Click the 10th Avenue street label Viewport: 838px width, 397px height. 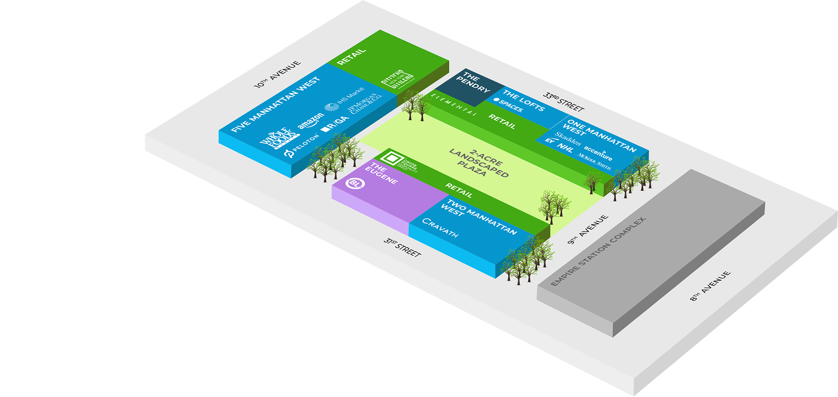(277, 74)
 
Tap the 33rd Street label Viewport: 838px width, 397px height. (563, 102)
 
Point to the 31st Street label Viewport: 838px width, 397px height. (402, 247)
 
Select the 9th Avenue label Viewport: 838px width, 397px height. (588, 230)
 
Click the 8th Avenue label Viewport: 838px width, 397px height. (710, 286)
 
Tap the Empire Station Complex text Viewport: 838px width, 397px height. (598, 252)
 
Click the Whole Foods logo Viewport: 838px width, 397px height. (278, 139)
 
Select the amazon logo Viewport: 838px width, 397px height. (311, 121)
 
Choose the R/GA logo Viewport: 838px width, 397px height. (335, 124)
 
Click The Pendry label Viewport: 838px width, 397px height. (473, 83)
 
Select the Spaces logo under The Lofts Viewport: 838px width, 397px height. (508, 105)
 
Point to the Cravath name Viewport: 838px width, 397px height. (440, 227)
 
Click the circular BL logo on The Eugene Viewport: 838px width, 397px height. (355, 183)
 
